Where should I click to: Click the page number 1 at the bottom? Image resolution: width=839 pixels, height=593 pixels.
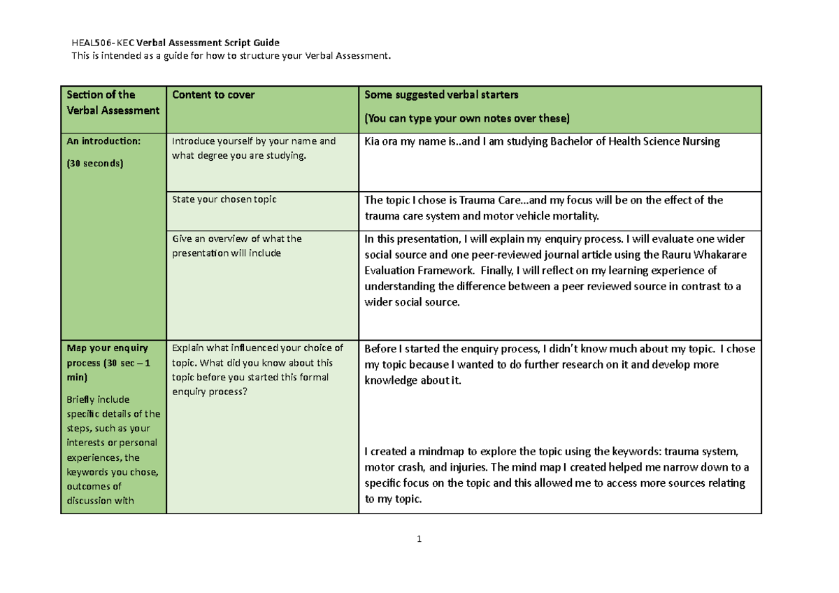tap(418, 539)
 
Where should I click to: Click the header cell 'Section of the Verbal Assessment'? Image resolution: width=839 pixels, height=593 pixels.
tap(112, 102)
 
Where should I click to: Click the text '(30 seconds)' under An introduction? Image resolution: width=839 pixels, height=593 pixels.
tap(95, 164)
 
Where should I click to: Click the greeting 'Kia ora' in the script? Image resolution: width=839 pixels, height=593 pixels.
tap(381, 142)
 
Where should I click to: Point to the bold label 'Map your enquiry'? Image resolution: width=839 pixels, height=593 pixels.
tap(106, 348)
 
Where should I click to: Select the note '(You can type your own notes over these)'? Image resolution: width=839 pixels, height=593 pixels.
tap(467, 117)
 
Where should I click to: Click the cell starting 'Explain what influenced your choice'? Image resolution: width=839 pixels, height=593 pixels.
tap(257, 348)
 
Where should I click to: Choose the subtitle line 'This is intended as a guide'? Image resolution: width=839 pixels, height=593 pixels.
tap(231, 56)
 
